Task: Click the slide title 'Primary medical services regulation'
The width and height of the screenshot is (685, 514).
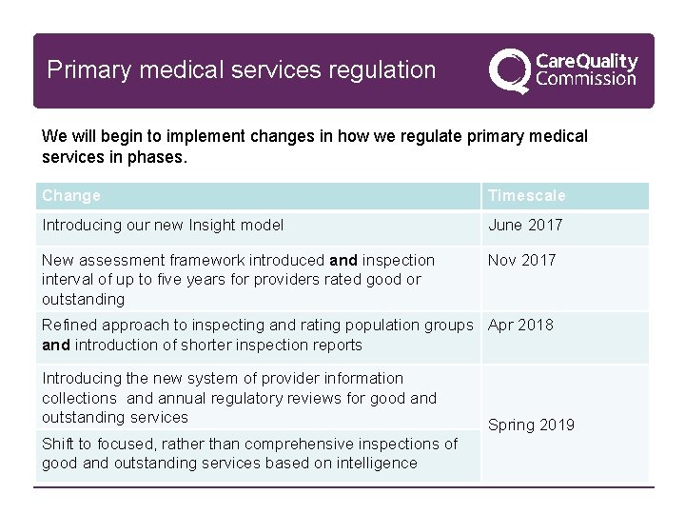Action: [x=242, y=70]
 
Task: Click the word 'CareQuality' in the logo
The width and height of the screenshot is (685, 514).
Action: [x=587, y=61]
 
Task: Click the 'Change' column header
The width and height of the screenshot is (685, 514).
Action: [x=71, y=196]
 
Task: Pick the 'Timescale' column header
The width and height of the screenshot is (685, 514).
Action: [x=526, y=196]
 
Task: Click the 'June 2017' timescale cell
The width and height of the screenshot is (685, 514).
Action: [x=525, y=226]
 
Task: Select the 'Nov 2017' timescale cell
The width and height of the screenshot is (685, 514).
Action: [x=521, y=260]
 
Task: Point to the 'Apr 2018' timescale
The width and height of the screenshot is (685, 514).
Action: [x=520, y=325]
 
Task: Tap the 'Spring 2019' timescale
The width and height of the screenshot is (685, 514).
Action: [x=531, y=425]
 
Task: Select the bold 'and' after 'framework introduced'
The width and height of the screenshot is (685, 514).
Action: [x=343, y=260]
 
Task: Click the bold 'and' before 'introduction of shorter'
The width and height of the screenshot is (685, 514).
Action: [x=56, y=345]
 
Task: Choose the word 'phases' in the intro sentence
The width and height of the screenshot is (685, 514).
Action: [x=158, y=156]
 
